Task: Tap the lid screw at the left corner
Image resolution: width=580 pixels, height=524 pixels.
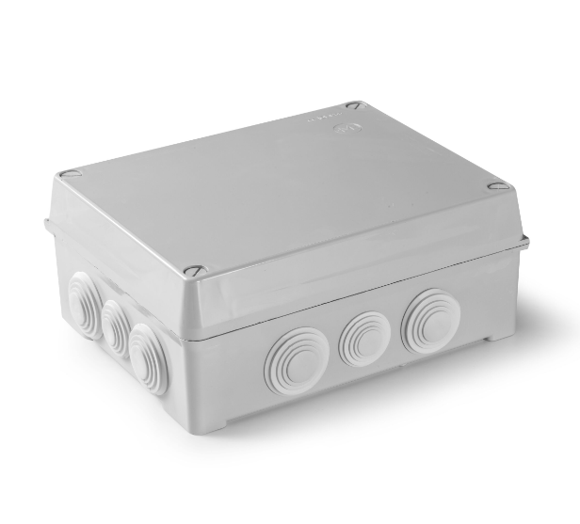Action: click(x=69, y=174)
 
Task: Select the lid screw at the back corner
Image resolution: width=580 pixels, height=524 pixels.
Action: click(x=353, y=105)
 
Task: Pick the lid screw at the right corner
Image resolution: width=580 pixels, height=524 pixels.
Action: click(x=497, y=186)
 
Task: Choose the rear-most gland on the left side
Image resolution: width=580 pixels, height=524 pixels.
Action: click(x=84, y=303)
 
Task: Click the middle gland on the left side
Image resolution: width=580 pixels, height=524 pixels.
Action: click(x=117, y=328)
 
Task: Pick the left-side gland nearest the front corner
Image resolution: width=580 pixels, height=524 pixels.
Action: click(x=149, y=357)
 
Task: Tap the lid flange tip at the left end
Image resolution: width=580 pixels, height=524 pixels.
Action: click(x=46, y=223)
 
